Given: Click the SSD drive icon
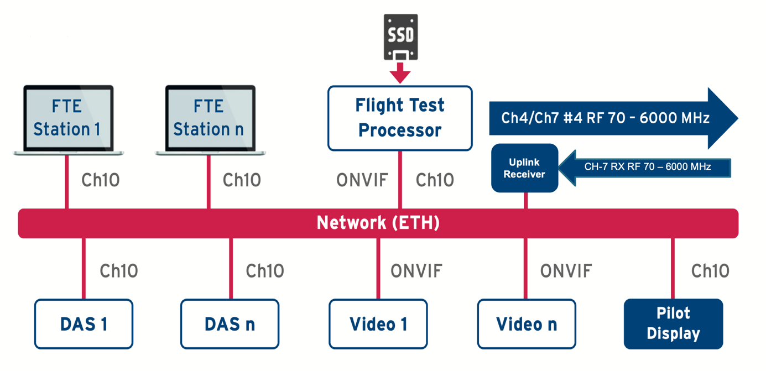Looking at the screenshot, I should point(400,36).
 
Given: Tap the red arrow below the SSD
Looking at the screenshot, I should point(400,72).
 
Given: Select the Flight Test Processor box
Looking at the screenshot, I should point(400,118).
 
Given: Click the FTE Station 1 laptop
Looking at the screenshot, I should point(68,118).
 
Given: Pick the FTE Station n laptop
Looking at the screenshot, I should point(210,118).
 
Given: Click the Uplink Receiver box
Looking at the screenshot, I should point(524,168).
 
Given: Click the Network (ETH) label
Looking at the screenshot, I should point(378,223).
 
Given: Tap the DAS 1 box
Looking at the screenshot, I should point(84,324).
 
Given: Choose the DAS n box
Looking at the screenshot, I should point(230,324).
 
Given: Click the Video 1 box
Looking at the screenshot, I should point(378,324).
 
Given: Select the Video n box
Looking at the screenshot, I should point(527,324).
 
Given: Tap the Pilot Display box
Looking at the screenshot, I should point(673,324).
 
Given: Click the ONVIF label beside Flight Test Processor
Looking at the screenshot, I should point(362,180).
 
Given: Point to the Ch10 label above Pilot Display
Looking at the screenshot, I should point(710,271).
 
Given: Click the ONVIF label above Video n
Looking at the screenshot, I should point(566,271).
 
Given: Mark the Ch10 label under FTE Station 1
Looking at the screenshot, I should point(100,180).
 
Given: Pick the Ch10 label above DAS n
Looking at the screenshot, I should point(265,271).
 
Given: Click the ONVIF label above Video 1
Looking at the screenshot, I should point(416,271).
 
